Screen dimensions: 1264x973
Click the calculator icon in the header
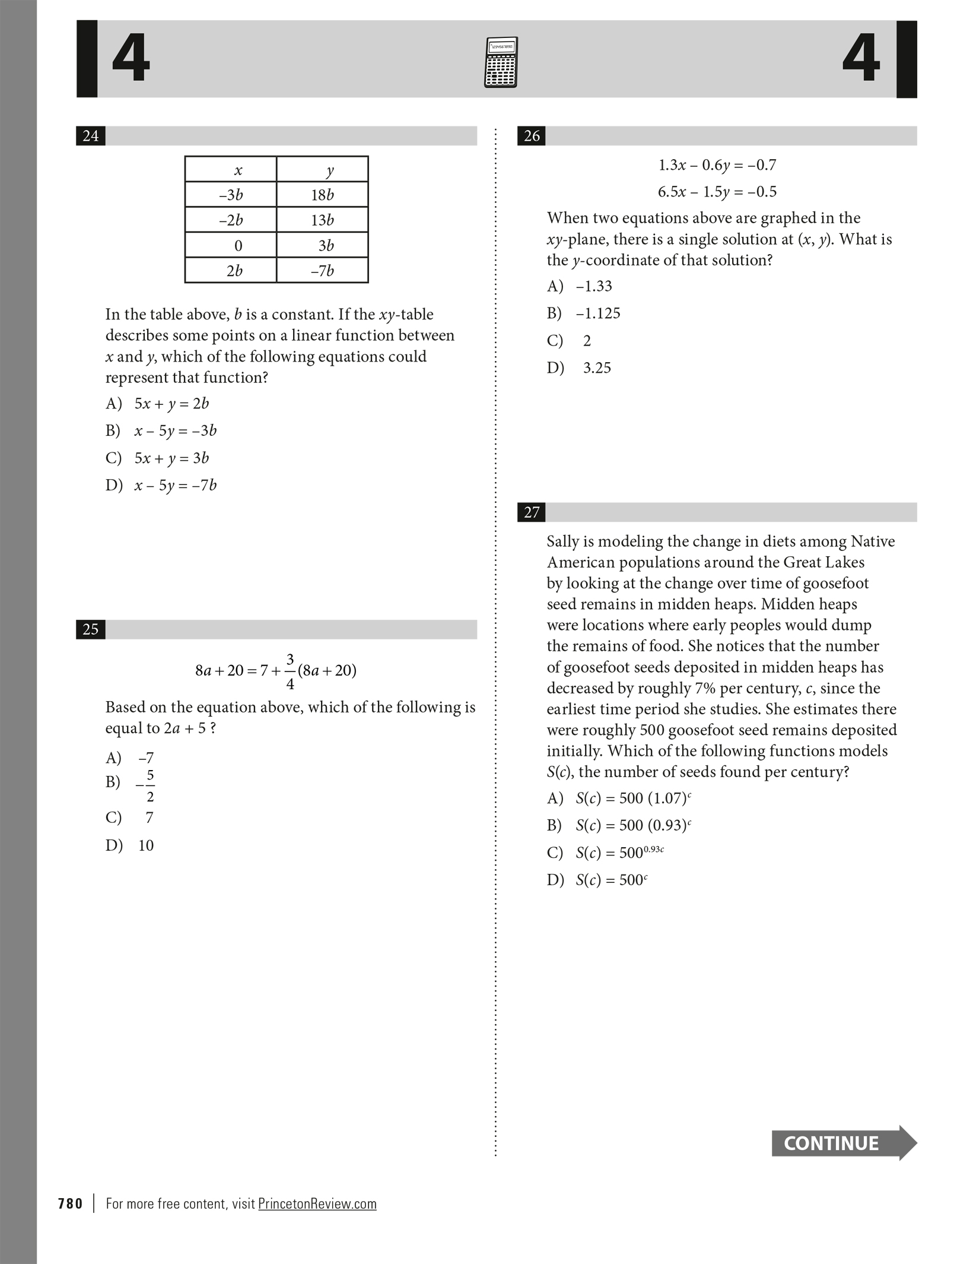pos(501,62)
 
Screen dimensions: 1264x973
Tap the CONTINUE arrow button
pos(843,1142)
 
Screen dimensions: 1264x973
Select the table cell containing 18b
pos(322,195)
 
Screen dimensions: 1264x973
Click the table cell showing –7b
pos(322,271)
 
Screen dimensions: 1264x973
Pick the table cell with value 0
pos(231,245)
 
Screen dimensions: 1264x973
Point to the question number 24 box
pos(91,136)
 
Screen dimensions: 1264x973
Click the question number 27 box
pos(532,512)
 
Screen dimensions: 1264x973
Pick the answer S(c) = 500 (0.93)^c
pos(633,825)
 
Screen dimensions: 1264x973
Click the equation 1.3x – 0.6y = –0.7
pos(717,165)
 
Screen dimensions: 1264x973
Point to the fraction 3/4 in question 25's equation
pos(290,671)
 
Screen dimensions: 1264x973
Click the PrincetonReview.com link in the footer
pos(317,1203)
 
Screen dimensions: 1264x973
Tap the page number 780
pos(71,1203)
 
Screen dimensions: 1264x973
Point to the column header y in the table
pos(329,170)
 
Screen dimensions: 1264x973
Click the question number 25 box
pos(91,629)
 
